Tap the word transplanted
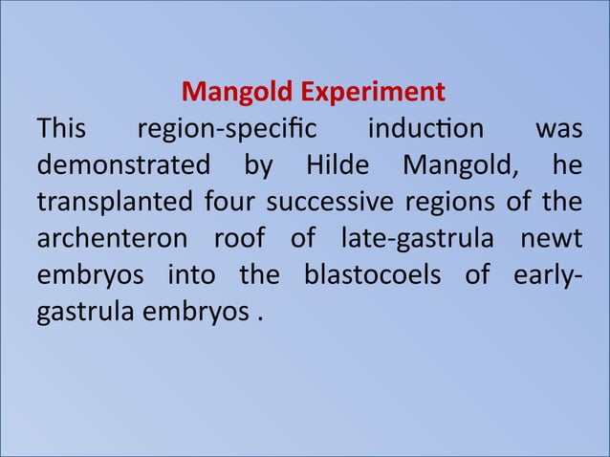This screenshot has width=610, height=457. (x=115, y=204)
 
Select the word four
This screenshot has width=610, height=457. (x=229, y=204)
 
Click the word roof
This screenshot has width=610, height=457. (x=244, y=240)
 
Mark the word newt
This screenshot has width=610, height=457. (x=554, y=240)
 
